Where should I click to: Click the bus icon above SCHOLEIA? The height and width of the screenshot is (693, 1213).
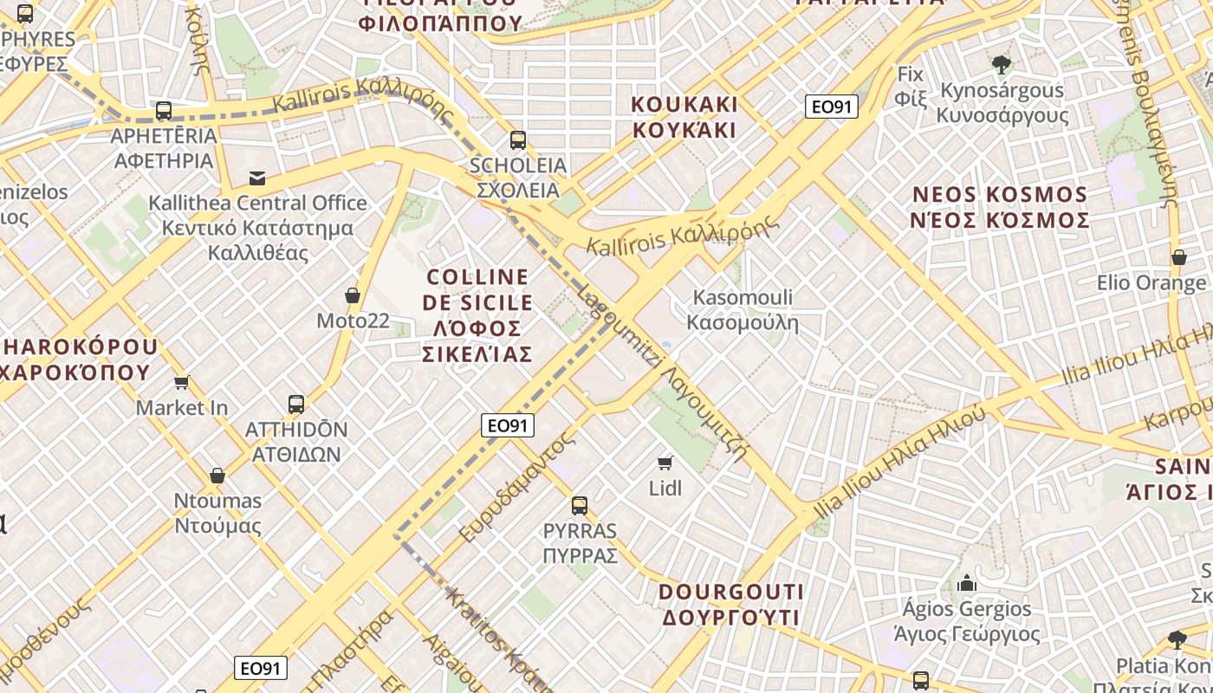518,139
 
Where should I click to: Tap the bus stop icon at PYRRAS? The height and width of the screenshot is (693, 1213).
580,506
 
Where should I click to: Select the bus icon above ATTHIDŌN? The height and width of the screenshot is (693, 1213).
296,404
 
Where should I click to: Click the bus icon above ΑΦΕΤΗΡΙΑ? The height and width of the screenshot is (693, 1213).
163,111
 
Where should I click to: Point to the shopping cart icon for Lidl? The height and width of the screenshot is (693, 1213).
665,463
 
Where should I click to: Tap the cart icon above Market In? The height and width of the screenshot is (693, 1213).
182,382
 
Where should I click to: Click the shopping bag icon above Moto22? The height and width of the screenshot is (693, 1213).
353,295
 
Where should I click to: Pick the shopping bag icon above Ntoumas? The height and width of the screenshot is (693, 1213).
217,476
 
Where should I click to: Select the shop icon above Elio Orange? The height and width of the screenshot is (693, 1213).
1178,257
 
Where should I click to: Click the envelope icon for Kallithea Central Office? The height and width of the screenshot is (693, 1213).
257,178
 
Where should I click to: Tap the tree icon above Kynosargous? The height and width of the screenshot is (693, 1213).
1002,64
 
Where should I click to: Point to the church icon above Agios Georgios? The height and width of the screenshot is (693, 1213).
967,583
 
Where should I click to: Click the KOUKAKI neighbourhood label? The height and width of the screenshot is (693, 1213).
684,117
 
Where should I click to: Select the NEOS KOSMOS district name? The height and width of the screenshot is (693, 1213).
1000,207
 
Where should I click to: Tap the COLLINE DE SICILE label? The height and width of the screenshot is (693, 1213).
477,315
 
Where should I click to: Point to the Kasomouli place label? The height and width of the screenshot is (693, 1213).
743,310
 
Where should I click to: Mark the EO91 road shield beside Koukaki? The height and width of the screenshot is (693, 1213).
831,107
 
